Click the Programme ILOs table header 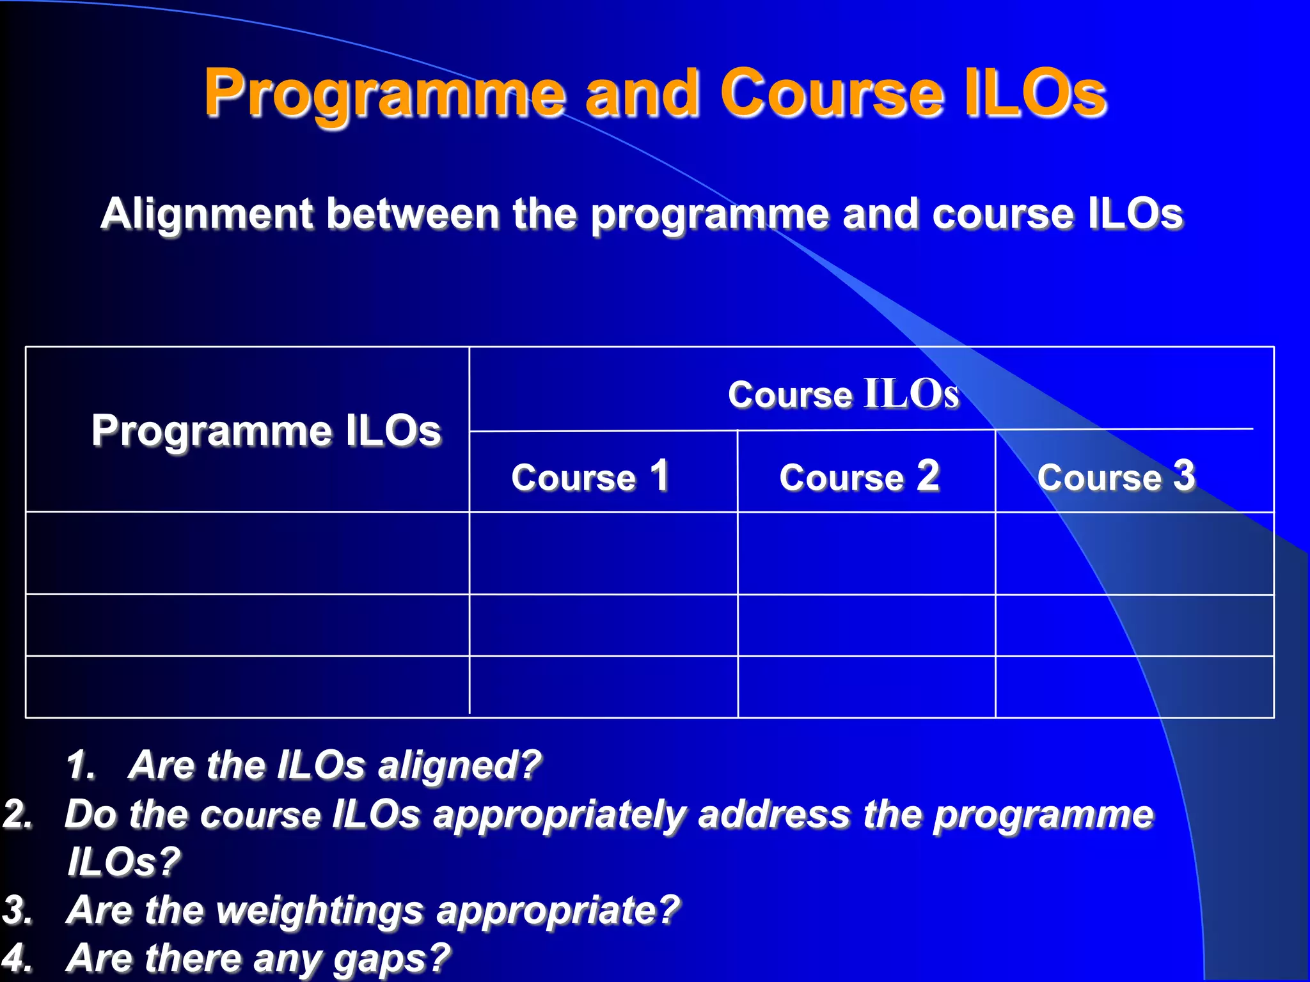point(266,431)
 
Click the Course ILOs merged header point(843,394)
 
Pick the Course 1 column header point(590,477)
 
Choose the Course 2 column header point(859,477)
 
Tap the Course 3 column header point(1116,477)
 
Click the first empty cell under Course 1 point(603,553)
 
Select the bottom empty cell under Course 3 point(1133,687)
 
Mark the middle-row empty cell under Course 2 point(866,625)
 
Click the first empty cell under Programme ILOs point(248,553)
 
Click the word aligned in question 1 point(459,765)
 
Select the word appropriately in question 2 point(559,815)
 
